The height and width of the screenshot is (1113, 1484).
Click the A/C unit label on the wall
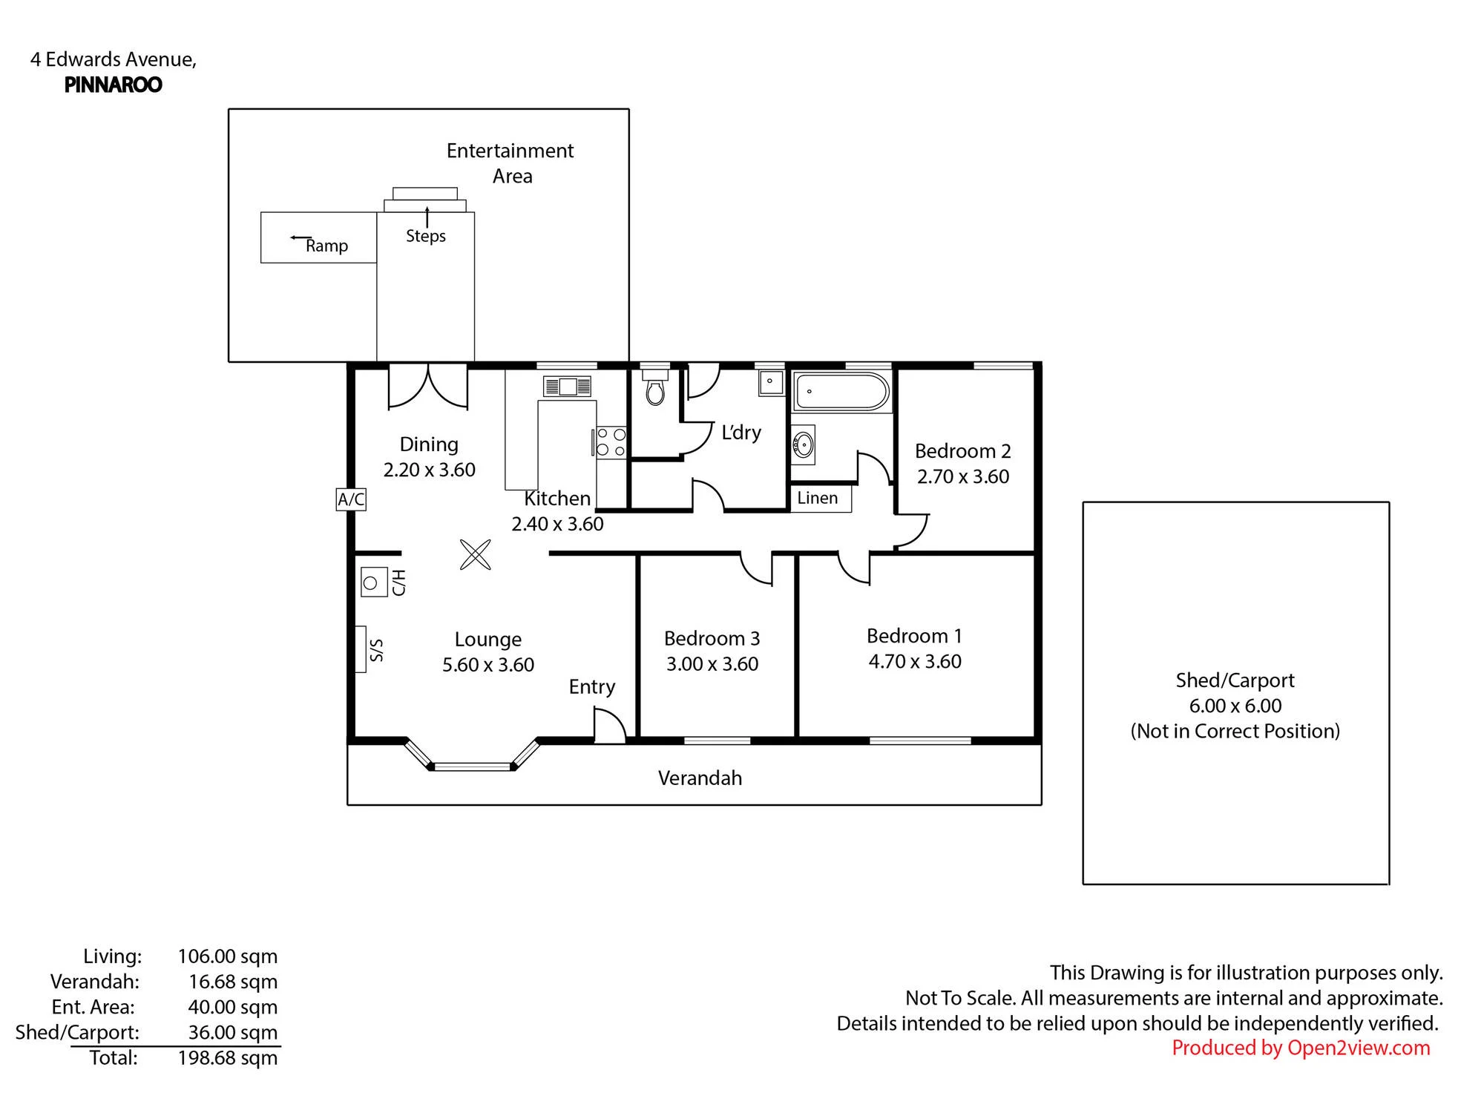click(x=351, y=499)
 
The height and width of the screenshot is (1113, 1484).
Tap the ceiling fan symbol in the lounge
click(x=476, y=554)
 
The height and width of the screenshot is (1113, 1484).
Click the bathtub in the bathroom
click(x=841, y=391)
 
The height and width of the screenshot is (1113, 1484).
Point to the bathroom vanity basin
click(x=803, y=444)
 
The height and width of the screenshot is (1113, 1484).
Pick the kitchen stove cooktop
click(x=611, y=443)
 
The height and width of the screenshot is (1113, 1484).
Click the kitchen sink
click(x=568, y=386)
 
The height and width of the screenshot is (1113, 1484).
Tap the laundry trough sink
click(x=772, y=382)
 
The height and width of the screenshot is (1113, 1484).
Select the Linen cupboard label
click(x=817, y=498)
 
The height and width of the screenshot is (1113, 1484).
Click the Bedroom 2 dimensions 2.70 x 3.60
click(x=963, y=476)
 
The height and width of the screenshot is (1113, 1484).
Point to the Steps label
click(x=426, y=236)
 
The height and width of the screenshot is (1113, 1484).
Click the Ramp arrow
click(x=301, y=238)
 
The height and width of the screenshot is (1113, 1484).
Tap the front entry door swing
click(x=610, y=723)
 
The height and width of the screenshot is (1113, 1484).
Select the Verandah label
click(x=700, y=778)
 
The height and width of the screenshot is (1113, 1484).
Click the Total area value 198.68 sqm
click(x=228, y=1057)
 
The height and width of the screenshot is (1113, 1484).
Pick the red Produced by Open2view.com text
click(x=1301, y=1048)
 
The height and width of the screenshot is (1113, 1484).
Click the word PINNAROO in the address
click(x=114, y=85)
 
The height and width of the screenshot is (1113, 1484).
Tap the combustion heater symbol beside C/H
click(x=374, y=582)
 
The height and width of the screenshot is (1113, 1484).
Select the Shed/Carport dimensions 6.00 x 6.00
click(x=1235, y=706)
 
